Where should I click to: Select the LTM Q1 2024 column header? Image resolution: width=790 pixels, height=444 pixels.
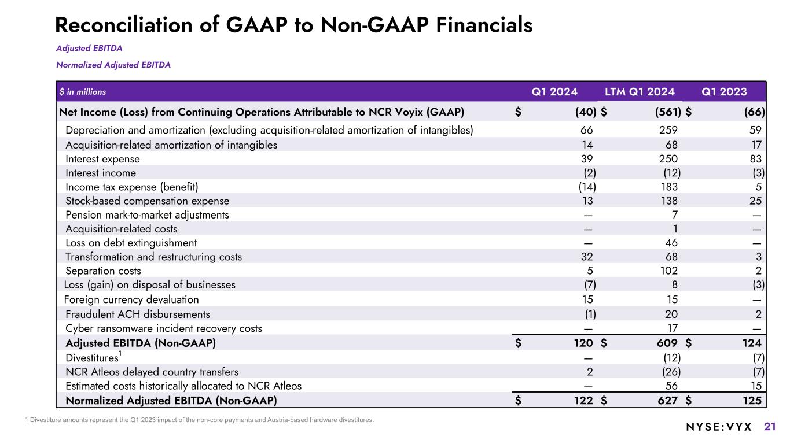pyautogui.click(x=640, y=91)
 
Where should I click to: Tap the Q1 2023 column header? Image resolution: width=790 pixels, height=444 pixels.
pyautogui.click(x=724, y=91)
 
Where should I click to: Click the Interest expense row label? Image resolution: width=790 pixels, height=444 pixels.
pyautogui.click(x=102, y=159)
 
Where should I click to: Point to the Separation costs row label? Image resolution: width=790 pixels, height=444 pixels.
pyautogui.click(x=103, y=271)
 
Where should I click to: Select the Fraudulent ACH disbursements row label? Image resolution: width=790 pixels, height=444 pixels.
pyautogui.click(x=138, y=314)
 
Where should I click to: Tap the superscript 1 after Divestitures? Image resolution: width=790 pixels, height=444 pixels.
pyautogui.click(x=120, y=353)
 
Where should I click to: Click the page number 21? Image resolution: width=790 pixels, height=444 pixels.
pyautogui.click(x=770, y=427)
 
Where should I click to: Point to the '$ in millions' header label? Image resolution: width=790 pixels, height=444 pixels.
pyautogui.click(x=83, y=92)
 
